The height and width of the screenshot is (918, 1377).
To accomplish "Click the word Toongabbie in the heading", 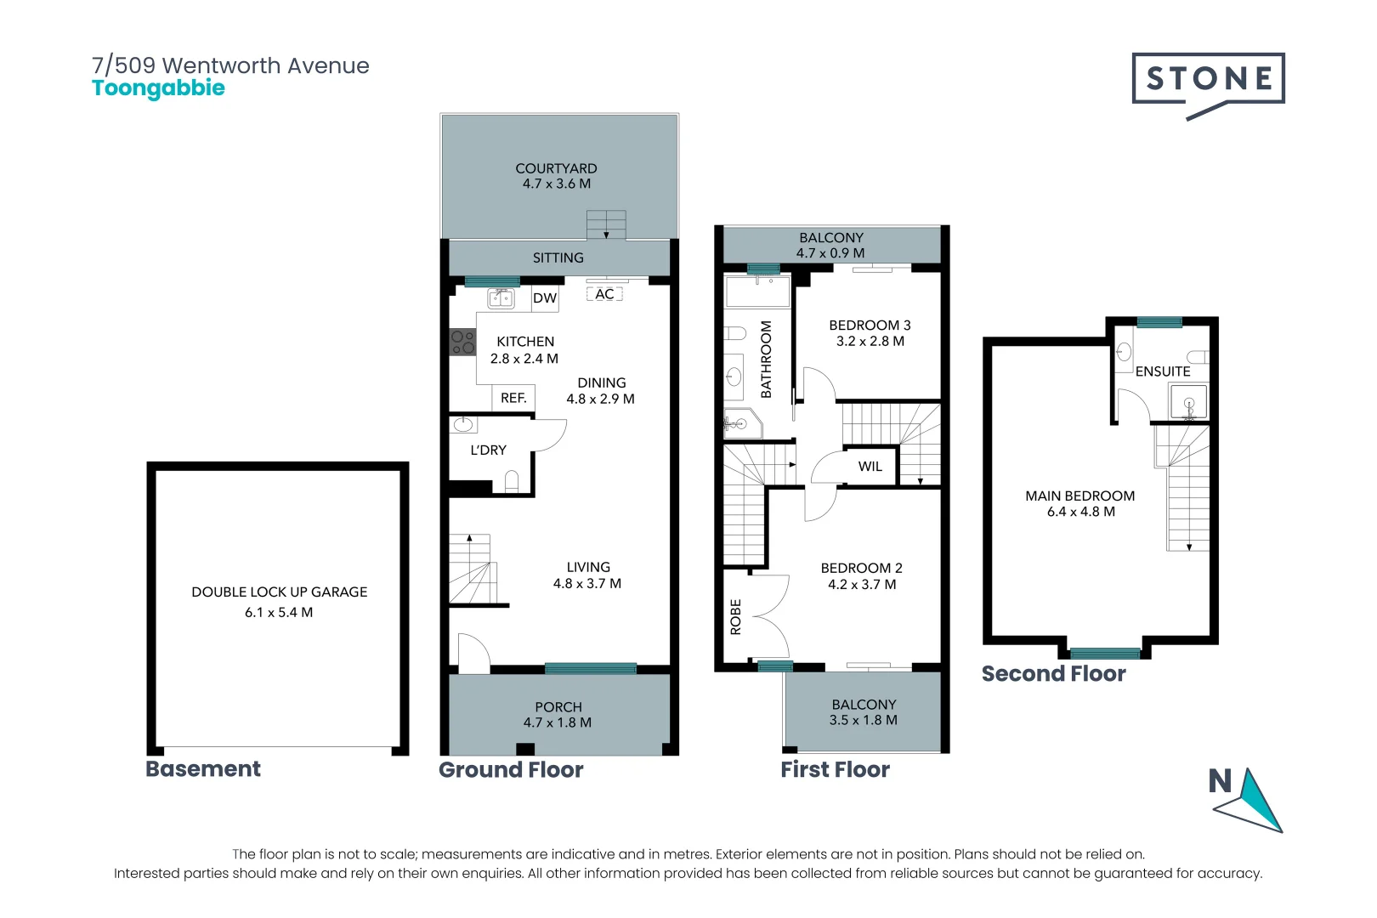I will tap(158, 88).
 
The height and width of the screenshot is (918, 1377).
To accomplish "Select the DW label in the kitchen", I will tap(545, 298).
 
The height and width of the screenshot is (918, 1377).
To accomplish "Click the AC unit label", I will tap(604, 294).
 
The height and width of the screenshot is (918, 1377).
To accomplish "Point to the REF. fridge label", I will tap(513, 398).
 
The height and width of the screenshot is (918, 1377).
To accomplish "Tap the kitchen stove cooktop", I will tap(462, 343).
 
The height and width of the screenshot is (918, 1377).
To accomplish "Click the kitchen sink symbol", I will tap(501, 297).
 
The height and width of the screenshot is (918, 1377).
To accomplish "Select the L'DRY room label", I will tap(488, 450).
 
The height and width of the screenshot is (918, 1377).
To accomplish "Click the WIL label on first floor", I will tap(870, 467).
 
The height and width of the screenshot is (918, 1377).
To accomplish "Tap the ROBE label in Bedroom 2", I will tap(736, 617).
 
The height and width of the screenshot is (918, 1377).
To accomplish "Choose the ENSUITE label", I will tap(1162, 371).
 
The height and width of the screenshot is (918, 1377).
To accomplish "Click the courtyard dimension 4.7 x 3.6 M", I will tap(556, 184).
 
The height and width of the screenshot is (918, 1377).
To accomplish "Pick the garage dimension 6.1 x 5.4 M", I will tap(279, 612).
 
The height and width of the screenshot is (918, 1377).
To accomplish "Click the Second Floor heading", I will tap(1053, 674).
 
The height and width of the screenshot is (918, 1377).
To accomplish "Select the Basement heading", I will tap(203, 768).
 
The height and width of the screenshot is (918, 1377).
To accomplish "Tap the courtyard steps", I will tap(606, 225).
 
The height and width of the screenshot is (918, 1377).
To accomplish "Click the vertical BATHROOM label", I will tap(766, 359).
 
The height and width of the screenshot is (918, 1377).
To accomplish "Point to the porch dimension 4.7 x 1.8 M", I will tap(558, 722).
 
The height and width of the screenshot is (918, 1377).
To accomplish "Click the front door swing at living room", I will tap(473, 653).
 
